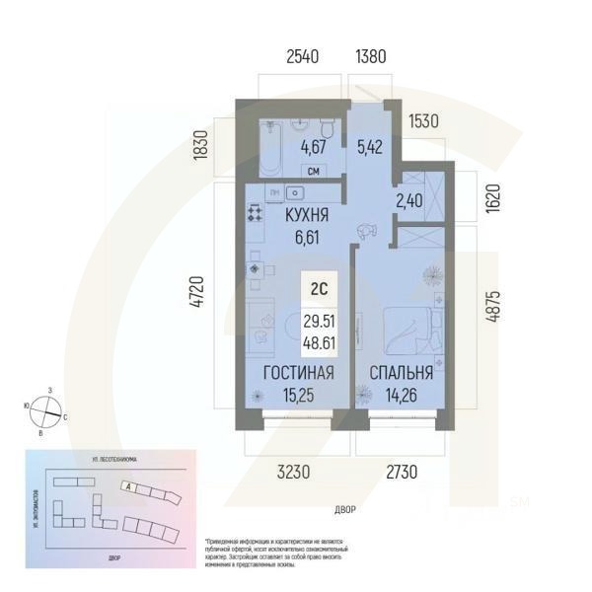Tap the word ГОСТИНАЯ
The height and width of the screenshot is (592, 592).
pos(298,372)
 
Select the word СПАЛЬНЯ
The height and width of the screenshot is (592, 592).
pos(402,372)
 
